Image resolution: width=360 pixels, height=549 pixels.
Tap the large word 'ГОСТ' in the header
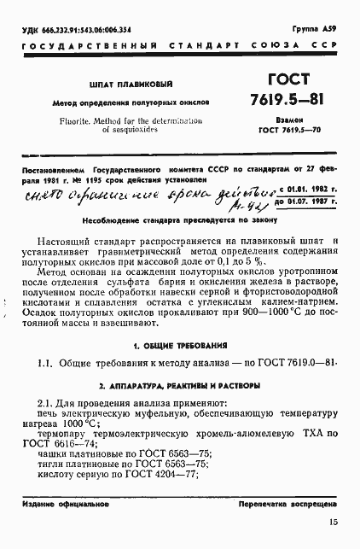click(x=287, y=78)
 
